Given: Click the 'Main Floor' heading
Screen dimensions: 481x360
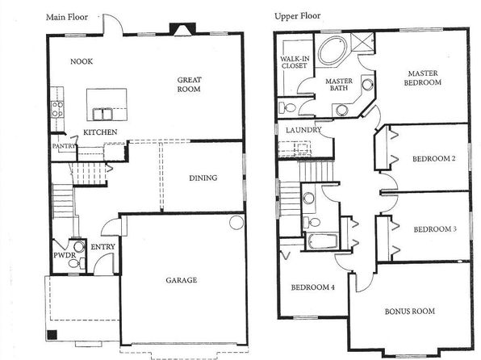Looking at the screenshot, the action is [67, 17].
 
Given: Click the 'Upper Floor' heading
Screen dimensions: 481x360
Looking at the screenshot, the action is [298, 16].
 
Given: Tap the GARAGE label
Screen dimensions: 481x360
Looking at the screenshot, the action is [182, 280].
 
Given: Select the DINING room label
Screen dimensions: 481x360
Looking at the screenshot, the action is [203, 178].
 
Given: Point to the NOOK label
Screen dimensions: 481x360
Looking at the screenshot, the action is [82, 61].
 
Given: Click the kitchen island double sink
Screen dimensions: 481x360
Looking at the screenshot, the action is [102, 114].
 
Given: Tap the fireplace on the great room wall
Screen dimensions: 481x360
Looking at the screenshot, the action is [182, 30].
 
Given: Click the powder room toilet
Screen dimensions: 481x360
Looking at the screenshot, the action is [77, 263].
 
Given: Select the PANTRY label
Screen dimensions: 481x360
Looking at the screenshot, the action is [64, 146].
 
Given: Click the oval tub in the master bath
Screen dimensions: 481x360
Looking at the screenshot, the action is [333, 50].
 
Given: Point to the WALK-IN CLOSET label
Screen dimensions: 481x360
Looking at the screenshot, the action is [295, 62].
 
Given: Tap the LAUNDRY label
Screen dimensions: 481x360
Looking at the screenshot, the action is [303, 130].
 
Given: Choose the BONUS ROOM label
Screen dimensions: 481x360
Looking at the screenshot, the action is [410, 312].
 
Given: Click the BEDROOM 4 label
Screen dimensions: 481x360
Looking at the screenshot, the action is [312, 287].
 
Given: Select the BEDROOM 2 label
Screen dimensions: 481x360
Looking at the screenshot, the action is [433, 159].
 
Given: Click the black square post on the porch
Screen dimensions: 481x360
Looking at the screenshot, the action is [52, 334].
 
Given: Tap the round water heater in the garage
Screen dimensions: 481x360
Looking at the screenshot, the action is [236, 222].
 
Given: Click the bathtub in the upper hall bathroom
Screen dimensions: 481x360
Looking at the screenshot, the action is [322, 241].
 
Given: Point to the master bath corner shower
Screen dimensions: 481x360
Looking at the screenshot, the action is [362, 43].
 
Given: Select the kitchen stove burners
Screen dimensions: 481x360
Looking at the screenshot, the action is [57, 109].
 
